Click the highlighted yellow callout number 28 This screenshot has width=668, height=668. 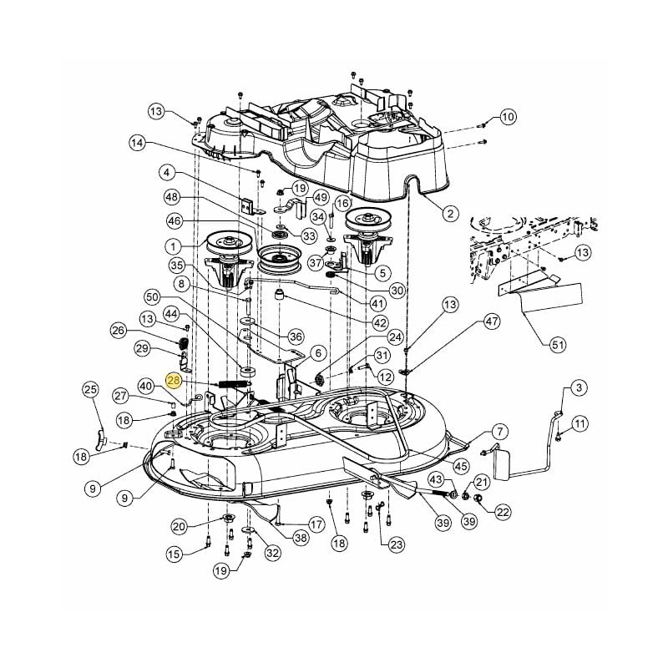(174, 380)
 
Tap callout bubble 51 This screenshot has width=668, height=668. (558, 344)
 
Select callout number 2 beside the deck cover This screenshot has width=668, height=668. (450, 213)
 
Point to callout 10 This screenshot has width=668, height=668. (508, 116)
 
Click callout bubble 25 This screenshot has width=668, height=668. (90, 389)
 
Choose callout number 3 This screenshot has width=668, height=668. (579, 387)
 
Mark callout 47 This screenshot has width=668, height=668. (492, 321)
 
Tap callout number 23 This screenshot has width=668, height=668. (396, 544)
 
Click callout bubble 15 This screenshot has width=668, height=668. (174, 554)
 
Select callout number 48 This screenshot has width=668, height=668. (173, 198)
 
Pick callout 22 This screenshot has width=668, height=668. (504, 512)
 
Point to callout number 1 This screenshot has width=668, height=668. (173, 246)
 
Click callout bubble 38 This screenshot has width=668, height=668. (301, 537)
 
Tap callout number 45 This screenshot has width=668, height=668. (461, 466)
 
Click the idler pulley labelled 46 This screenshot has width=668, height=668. (280, 260)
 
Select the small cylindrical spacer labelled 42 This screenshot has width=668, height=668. (280, 295)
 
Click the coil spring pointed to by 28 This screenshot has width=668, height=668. (234, 384)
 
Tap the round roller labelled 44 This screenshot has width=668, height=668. (247, 372)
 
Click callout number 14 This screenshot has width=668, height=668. (137, 143)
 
